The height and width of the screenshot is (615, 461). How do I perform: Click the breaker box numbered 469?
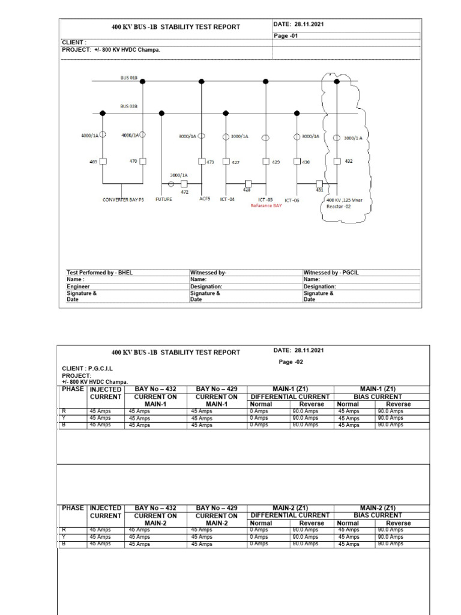pyautogui.click(x=103, y=162)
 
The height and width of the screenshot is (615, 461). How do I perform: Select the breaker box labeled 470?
pyautogui.click(x=143, y=162)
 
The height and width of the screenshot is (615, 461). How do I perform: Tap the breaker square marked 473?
pyautogui.click(x=201, y=161)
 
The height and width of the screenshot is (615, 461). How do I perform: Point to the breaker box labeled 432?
pyautogui.click(x=337, y=161)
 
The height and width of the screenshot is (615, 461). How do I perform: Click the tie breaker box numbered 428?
pyautogui.click(x=248, y=184)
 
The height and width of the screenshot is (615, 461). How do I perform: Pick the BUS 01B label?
pyautogui.click(x=128, y=78)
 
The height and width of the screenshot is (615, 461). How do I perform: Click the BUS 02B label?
pyautogui.click(x=128, y=106)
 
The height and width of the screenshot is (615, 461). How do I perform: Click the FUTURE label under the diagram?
pyautogui.click(x=163, y=199)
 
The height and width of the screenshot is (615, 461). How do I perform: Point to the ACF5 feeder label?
pyautogui.click(x=205, y=199)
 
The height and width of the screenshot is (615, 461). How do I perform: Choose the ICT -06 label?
pyautogui.click(x=292, y=200)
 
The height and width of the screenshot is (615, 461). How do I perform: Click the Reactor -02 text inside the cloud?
pyautogui.click(x=340, y=206)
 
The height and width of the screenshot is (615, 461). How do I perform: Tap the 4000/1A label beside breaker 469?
pyautogui.click(x=89, y=135)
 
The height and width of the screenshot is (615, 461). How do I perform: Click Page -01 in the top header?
pyautogui.click(x=286, y=35)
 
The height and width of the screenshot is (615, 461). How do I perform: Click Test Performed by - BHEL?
pyautogui.click(x=100, y=273)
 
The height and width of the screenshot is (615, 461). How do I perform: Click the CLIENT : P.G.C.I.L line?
pyautogui.click(x=88, y=368)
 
